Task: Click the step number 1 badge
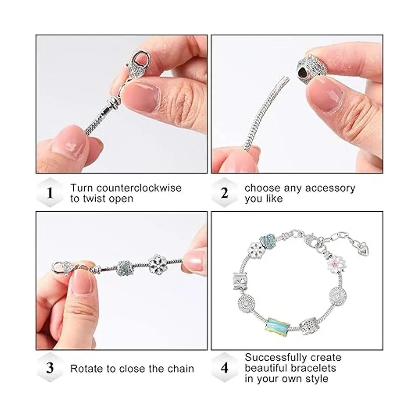point(50,193)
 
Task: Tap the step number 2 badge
point(225,193)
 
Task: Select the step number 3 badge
point(50,368)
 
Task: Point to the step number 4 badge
point(225,368)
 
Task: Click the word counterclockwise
point(139,188)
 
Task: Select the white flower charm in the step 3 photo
point(157,265)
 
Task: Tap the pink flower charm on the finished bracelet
point(337,264)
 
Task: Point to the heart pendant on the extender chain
point(363,249)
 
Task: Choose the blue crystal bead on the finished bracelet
point(268,241)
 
